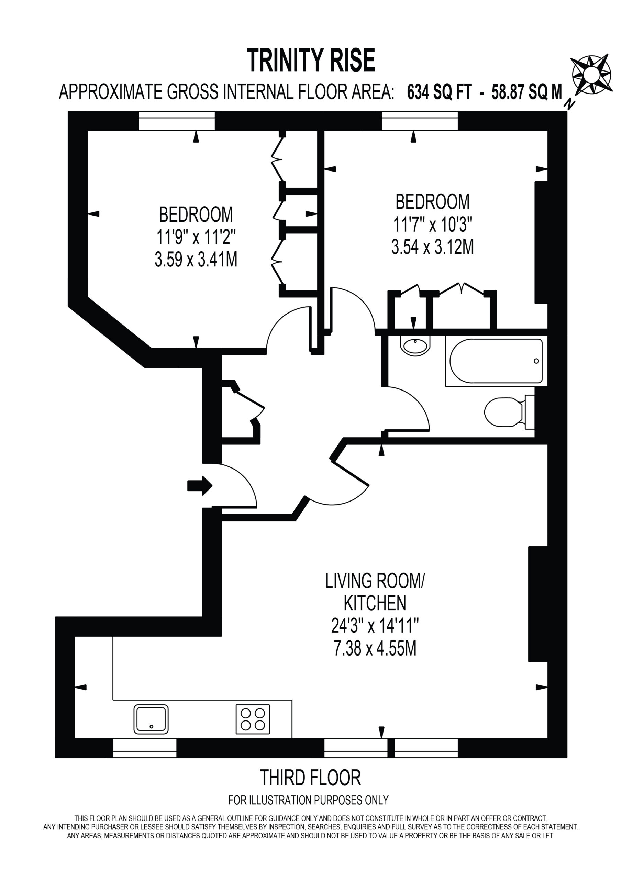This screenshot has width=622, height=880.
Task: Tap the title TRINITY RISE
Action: pyautogui.click(x=311, y=60)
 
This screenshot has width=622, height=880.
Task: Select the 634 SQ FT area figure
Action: pyautogui.click(x=439, y=92)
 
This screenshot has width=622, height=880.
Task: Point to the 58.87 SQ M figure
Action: pyautogui.click(x=526, y=92)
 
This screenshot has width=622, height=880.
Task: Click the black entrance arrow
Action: pyautogui.click(x=200, y=486)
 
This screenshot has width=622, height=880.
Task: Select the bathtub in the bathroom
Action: pyautogui.click(x=496, y=361)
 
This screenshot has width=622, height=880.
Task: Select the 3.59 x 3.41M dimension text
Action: pyautogui.click(x=196, y=260)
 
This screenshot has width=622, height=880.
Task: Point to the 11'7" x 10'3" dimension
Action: pyautogui.click(x=432, y=224)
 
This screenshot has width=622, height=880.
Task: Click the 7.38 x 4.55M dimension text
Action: pyautogui.click(x=375, y=649)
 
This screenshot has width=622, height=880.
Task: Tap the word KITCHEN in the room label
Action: pyautogui.click(x=375, y=603)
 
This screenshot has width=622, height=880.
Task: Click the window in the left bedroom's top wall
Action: pyautogui.click(x=177, y=121)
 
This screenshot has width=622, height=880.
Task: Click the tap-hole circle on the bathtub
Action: pyautogui.click(x=536, y=361)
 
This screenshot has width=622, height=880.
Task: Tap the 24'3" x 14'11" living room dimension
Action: pyautogui.click(x=375, y=626)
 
